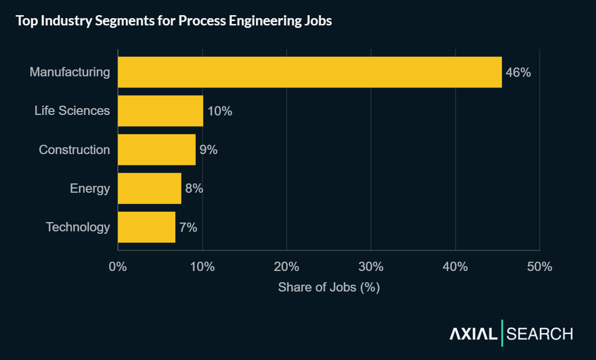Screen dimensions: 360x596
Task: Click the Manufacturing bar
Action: point(310,72)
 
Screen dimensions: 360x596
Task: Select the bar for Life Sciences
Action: point(160,111)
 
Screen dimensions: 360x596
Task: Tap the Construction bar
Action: point(157,150)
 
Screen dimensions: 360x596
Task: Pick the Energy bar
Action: point(150,188)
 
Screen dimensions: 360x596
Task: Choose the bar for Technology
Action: point(147,227)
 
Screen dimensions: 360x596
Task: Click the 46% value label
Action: point(518,72)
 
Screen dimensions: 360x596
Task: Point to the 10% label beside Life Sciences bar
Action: point(220,111)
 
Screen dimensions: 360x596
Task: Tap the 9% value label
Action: point(208,150)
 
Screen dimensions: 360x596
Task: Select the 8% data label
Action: point(194,188)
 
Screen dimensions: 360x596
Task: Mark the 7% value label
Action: point(188,227)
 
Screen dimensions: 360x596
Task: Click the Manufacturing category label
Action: point(70,72)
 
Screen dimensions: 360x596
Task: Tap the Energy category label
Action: point(90,188)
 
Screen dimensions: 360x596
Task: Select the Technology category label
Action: point(78,227)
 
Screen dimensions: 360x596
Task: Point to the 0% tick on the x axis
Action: point(118,267)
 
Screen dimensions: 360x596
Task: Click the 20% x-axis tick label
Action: point(287,267)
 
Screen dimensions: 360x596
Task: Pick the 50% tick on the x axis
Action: point(540,267)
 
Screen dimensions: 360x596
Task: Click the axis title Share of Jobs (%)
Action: point(329,287)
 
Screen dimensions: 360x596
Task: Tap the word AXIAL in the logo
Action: point(473,334)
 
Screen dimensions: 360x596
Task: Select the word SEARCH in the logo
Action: point(540,334)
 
